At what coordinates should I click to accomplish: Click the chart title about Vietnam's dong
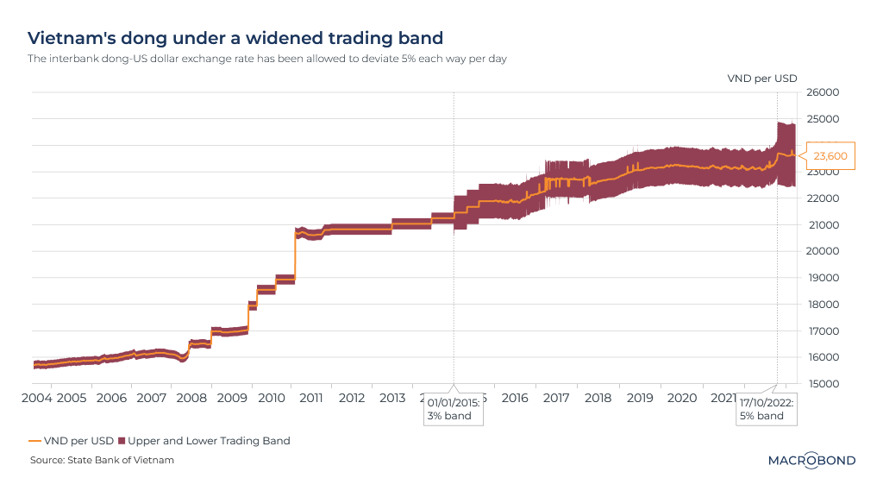(235, 38)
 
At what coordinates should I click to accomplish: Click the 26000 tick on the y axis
(822, 92)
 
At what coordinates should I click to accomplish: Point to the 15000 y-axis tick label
(822, 384)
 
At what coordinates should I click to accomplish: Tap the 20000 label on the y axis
(822, 251)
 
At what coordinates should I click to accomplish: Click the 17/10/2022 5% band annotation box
(766, 408)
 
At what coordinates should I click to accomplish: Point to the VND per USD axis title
(762, 78)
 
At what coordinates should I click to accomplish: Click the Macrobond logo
(811, 460)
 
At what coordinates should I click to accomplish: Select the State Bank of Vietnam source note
(102, 460)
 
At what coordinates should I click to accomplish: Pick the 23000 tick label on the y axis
(822, 172)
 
